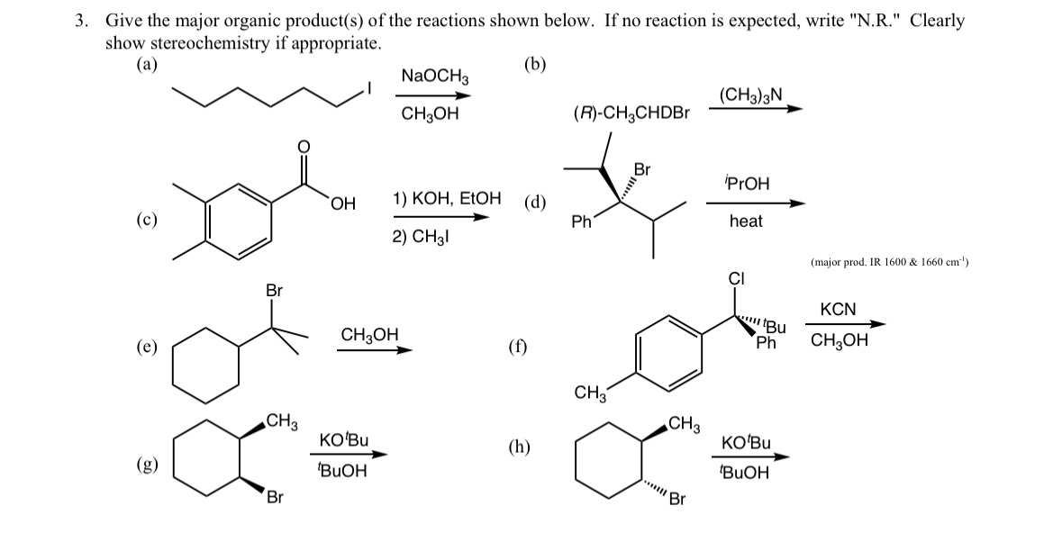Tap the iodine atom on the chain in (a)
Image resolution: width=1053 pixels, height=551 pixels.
click(367, 88)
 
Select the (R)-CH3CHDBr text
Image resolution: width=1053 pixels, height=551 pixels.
click(631, 113)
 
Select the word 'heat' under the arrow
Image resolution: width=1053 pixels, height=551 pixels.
click(746, 221)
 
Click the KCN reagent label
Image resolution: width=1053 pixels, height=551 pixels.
click(838, 310)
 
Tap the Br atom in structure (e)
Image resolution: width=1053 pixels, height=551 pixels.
click(274, 291)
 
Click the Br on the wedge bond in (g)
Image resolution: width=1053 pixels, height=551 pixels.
click(274, 499)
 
